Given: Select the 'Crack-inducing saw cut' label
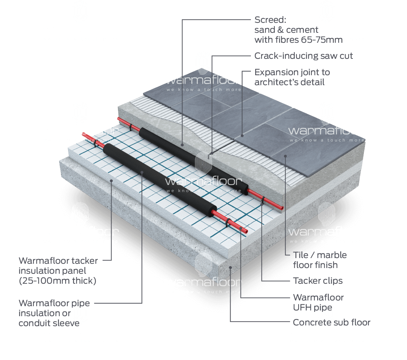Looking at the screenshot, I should [303, 56].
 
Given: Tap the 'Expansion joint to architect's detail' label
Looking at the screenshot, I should [292, 77].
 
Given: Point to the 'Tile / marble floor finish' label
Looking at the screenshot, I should [319, 260].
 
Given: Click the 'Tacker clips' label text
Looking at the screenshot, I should [318, 281].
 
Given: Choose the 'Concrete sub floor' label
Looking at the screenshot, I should [331, 323].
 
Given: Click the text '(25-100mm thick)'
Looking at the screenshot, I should [57, 281].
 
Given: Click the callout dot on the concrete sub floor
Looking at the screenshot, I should [231, 267].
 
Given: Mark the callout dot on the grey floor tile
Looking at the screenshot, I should [286, 156].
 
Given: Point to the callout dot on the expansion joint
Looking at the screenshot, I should [242, 135].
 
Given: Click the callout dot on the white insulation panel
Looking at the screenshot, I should [112, 181].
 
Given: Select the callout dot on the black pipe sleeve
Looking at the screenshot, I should [142, 173].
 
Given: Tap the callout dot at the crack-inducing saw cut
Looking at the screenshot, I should [212, 153].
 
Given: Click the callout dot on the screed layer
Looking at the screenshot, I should [182, 145].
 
